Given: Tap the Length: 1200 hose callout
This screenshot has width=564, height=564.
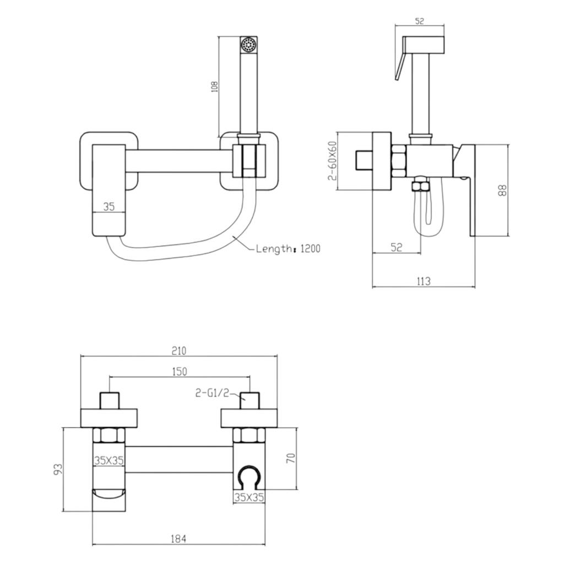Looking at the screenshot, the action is (x=288, y=248).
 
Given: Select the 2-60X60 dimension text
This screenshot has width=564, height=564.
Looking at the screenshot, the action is (x=333, y=160).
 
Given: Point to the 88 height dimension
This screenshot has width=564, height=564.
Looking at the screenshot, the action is (x=502, y=190).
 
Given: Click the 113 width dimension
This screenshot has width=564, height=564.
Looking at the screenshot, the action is (x=423, y=281).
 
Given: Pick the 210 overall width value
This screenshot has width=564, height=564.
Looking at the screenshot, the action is (x=179, y=351).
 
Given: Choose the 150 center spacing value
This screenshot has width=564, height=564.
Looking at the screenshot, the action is (x=180, y=371).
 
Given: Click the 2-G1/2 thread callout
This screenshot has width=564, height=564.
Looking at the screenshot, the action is (x=212, y=393).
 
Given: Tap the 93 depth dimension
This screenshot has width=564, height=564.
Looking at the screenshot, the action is (x=58, y=469).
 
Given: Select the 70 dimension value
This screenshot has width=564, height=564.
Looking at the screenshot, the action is (x=291, y=458).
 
